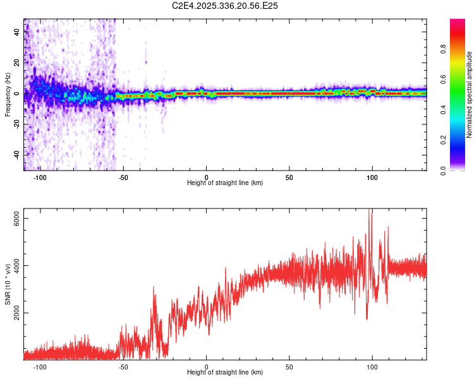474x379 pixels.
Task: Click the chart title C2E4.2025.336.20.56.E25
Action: click(225, 6)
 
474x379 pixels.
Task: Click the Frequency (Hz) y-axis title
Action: click(8, 95)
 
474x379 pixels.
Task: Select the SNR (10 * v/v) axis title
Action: click(8, 284)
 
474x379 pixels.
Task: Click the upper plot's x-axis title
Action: click(225, 183)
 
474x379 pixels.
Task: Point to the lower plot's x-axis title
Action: click(225, 372)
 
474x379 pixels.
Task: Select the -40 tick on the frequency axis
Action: click(16, 155)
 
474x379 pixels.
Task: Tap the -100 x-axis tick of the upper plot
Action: click(40, 177)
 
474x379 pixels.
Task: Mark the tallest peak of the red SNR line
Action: click(370, 210)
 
